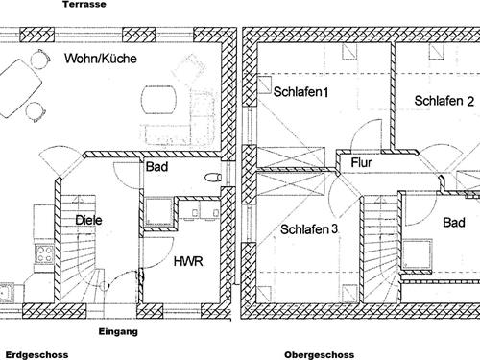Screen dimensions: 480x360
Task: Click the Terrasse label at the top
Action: (84, 4)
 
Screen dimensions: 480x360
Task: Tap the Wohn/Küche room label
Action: (101, 59)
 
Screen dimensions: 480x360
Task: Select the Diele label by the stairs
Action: (88, 220)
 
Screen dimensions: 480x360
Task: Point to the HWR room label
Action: (188, 261)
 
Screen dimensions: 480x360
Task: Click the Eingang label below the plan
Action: (118, 332)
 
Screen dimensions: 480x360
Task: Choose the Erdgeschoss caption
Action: (36, 355)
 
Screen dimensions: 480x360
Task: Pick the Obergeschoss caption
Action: (320, 355)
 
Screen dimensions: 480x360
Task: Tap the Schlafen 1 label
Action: (300, 92)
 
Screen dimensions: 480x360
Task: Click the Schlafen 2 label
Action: (444, 101)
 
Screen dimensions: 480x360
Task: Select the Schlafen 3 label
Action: (309, 229)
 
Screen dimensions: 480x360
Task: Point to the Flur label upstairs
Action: (361, 162)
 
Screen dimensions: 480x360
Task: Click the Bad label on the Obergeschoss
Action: (454, 223)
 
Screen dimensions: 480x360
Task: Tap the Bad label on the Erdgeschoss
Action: (156, 167)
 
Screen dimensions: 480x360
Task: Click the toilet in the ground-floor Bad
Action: (213, 177)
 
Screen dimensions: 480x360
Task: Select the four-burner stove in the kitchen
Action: (44, 254)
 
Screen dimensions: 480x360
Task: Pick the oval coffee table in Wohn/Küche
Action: (159, 99)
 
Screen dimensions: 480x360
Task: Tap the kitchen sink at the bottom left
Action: (6, 293)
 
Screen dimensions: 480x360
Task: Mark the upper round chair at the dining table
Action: (40, 59)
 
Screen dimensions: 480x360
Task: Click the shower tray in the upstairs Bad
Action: (417, 254)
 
